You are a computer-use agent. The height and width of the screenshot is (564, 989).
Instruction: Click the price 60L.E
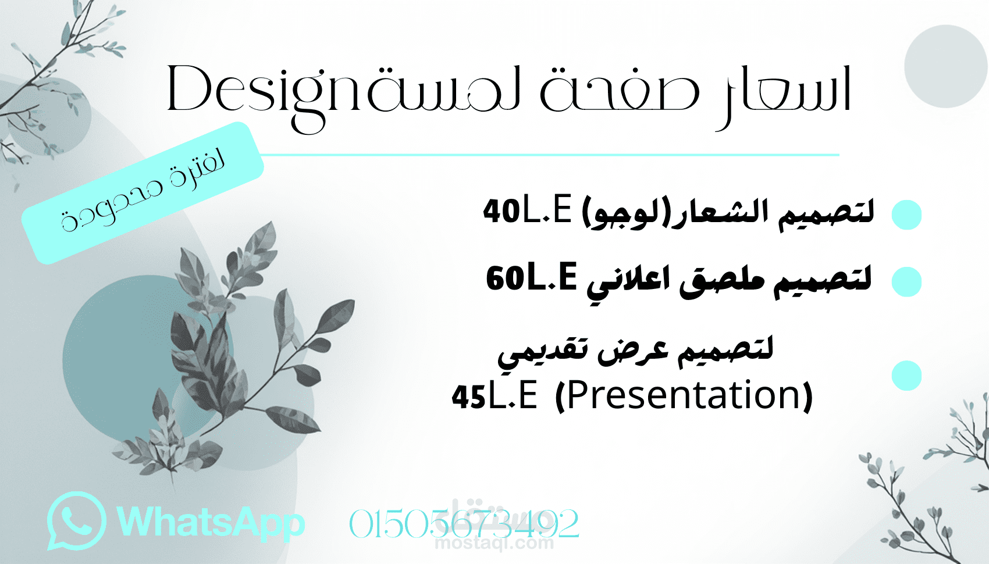[531, 277]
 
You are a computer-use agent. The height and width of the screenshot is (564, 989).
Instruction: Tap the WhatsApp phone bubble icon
[76, 521]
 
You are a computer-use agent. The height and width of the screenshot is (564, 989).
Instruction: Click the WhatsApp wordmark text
[211, 522]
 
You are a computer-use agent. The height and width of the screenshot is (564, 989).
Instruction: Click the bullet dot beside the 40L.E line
[906, 215]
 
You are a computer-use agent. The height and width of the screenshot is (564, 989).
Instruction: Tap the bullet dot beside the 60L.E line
[906, 282]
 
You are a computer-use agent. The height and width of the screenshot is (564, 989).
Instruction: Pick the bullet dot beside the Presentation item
[906, 376]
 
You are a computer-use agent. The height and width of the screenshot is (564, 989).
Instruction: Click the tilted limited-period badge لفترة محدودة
[143, 192]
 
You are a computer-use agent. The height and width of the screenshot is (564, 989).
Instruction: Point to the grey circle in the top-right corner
[946, 66]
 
